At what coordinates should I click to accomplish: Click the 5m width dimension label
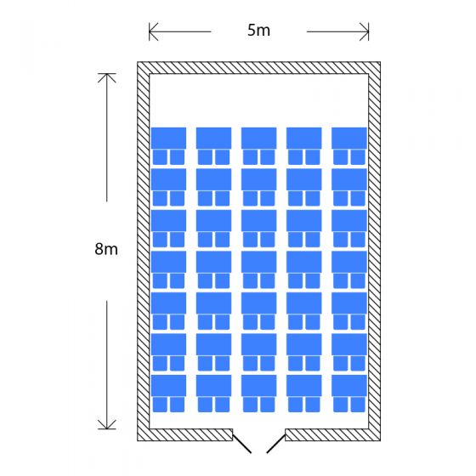tap(258, 31)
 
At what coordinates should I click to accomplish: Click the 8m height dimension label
tap(106, 249)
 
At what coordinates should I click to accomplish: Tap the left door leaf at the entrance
tap(241, 443)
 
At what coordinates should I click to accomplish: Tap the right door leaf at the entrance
tap(276, 444)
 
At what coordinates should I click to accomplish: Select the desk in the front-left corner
tap(168, 138)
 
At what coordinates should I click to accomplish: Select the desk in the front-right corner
tap(349, 138)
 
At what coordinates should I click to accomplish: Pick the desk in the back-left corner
tap(168, 386)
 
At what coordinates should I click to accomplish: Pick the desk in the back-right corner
tap(349, 386)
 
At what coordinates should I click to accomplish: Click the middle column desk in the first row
tap(259, 138)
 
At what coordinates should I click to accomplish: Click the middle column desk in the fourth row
tap(259, 262)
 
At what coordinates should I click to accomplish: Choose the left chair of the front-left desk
tap(160, 157)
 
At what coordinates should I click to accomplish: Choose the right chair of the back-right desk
tap(358, 405)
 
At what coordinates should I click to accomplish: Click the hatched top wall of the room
tap(258, 68)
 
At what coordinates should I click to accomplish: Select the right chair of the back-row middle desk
tap(268, 405)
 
